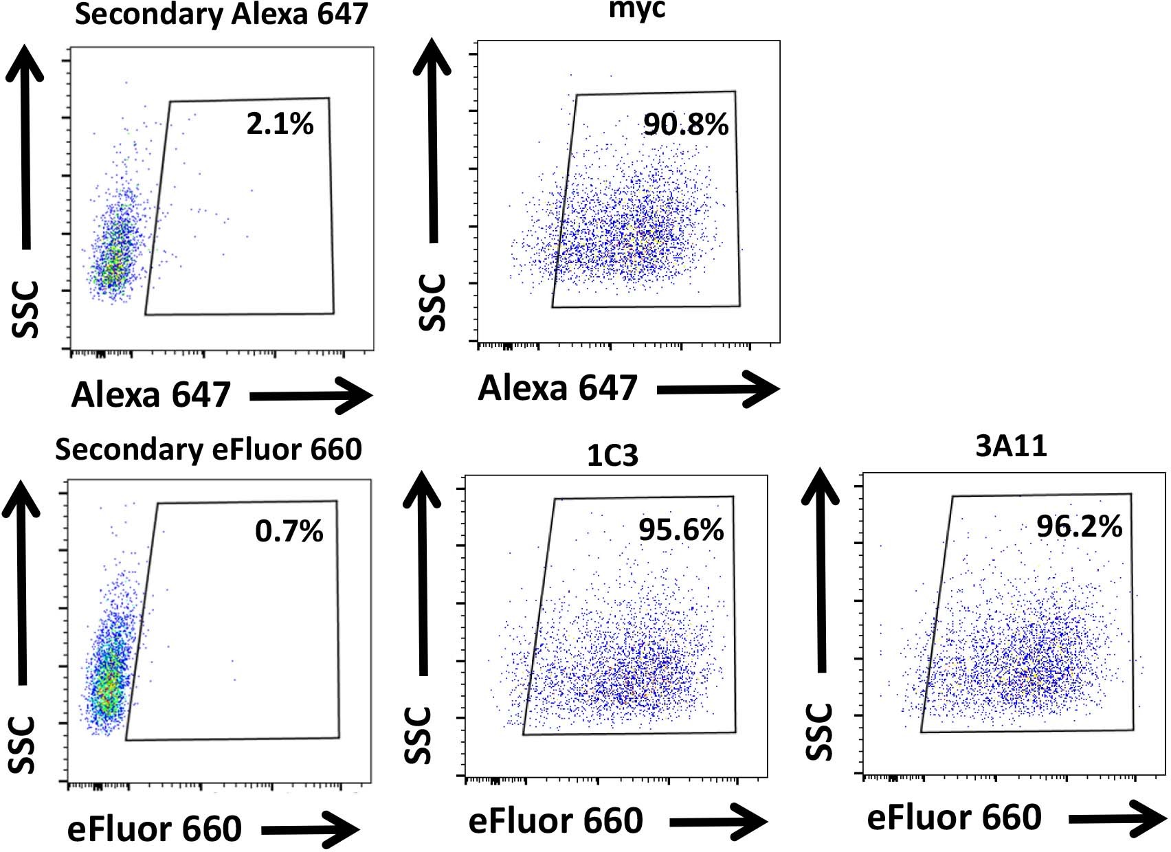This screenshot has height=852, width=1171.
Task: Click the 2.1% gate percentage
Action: (280, 124)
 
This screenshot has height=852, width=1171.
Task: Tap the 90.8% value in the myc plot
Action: (685, 124)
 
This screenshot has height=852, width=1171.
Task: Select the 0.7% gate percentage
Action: (289, 531)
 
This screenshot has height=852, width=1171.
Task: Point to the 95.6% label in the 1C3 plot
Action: (681, 530)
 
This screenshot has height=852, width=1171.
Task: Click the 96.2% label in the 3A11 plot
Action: (1079, 527)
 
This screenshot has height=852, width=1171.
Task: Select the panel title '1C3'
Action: (612, 456)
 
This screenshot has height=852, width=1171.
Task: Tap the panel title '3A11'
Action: (1011, 447)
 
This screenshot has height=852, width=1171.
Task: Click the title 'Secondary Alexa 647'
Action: (221, 14)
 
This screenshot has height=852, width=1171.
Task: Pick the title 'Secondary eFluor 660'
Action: (208, 450)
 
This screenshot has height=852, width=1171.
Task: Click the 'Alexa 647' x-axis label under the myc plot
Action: (557, 388)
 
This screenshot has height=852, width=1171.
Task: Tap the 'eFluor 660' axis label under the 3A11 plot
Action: (954, 818)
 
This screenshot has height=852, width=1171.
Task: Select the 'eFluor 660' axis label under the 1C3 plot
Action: (555, 820)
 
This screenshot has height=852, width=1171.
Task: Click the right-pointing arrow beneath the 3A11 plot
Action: (1117, 819)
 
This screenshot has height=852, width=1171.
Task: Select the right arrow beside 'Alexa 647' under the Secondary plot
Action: (311, 396)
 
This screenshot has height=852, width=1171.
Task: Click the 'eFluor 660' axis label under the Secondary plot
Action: (155, 829)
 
